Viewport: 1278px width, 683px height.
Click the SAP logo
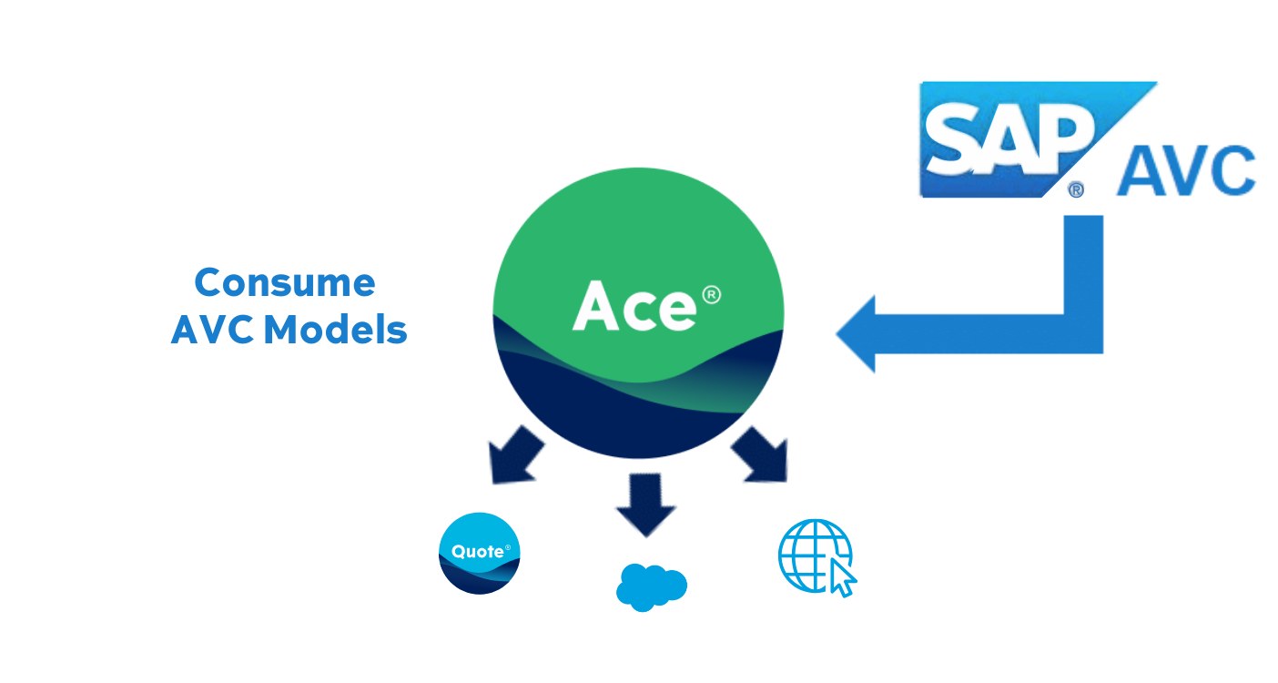[x=1010, y=139]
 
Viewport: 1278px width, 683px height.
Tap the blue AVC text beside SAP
[x=1185, y=170]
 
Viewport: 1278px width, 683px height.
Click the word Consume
[x=284, y=282]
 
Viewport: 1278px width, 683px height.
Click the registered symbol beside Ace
[x=711, y=295]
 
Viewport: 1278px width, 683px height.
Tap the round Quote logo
[x=480, y=553]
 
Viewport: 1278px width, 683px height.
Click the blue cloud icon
[x=651, y=585]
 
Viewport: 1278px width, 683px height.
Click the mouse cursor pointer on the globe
[x=842, y=576]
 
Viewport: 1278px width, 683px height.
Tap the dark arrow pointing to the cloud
[x=645, y=505]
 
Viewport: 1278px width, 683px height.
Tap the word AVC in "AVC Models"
[x=211, y=329]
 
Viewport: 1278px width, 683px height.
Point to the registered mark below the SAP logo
[x=1075, y=189]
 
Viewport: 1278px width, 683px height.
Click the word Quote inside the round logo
[x=475, y=551]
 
